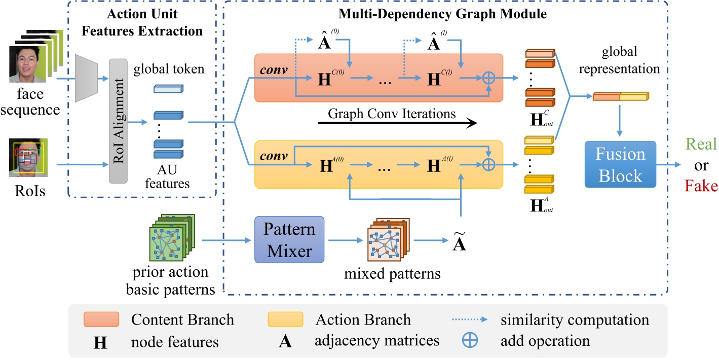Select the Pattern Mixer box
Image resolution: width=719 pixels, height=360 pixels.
(x=288, y=239)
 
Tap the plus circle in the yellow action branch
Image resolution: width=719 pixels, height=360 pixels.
(x=488, y=164)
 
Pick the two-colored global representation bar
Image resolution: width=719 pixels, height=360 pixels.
(x=620, y=96)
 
